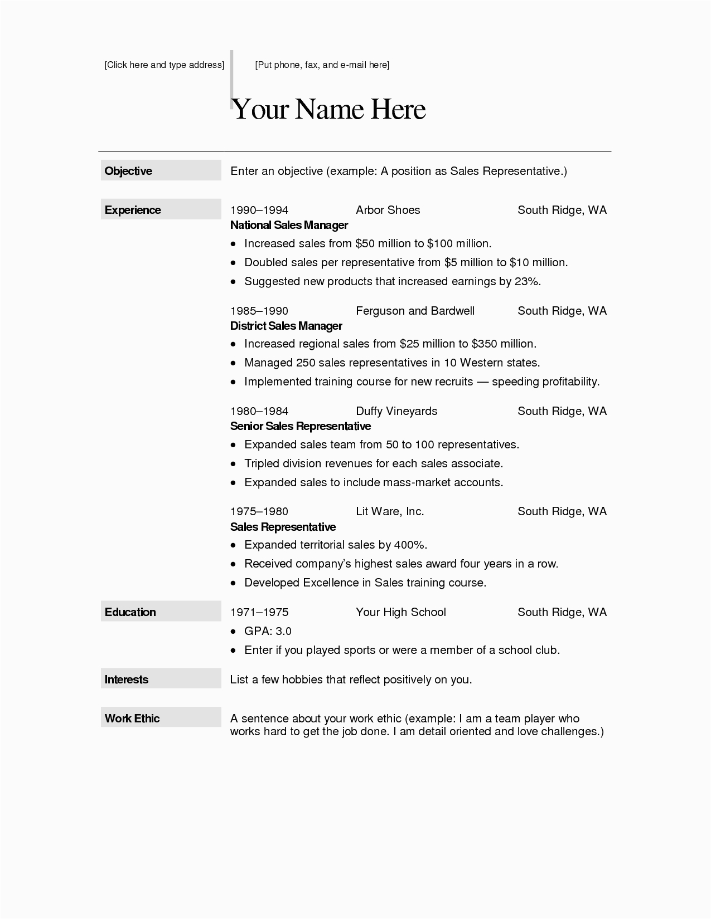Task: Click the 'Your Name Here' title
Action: pyautogui.click(x=329, y=109)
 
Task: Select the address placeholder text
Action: pyautogui.click(x=165, y=65)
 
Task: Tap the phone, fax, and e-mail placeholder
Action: pyautogui.click(x=322, y=65)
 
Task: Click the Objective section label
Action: pyautogui.click(x=128, y=171)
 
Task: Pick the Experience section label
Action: pyautogui.click(x=133, y=210)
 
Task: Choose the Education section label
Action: pyautogui.click(x=130, y=612)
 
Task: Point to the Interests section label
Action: pyautogui.click(x=127, y=680)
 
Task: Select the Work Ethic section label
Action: pyautogui.click(x=132, y=718)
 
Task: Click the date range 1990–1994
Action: pyautogui.click(x=259, y=210)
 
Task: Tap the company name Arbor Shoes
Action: pyautogui.click(x=388, y=210)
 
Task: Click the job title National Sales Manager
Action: pyautogui.click(x=289, y=225)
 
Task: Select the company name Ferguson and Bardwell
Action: pyautogui.click(x=415, y=311)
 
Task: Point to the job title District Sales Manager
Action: pyautogui.click(x=286, y=326)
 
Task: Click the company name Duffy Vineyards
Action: pyautogui.click(x=396, y=411)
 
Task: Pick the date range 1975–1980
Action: pyautogui.click(x=259, y=511)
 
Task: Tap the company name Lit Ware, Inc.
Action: pyautogui.click(x=390, y=511)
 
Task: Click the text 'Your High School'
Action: pyautogui.click(x=401, y=612)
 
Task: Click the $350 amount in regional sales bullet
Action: pyautogui.click(x=483, y=344)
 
